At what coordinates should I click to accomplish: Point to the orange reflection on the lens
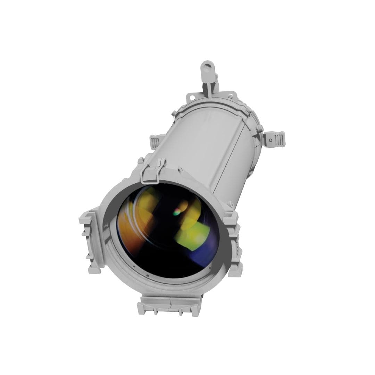tap(130, 229)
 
